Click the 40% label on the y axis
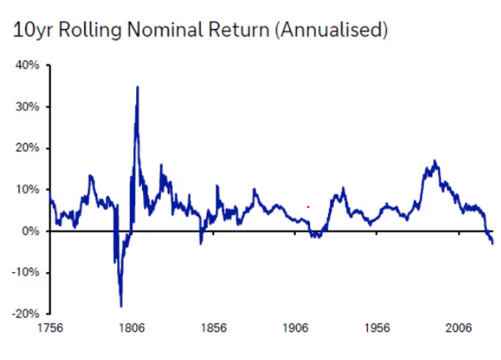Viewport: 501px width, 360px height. [27, 65]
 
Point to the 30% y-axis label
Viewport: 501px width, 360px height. [27, 106]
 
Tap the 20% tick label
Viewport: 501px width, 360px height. [27, 148]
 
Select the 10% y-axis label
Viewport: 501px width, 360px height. [27, 190]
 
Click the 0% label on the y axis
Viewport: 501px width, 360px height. [31, 231]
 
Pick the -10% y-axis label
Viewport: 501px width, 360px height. [25, 273]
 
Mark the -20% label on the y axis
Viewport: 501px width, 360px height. [25, 313]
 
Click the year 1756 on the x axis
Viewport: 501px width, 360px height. [50, 328]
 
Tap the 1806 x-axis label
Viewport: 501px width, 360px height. [131, 328]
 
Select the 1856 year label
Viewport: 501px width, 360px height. [214, 328]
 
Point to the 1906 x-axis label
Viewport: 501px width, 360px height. [295, 328]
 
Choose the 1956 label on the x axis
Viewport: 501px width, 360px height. [377, 328]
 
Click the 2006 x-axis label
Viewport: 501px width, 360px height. [459, 328]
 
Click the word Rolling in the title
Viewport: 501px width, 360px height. [90, 31]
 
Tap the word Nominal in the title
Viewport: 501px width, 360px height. [165, 30]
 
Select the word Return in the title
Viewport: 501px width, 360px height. [239, 30]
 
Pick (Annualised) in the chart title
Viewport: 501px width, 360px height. [332, 31]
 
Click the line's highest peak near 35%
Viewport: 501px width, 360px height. [138, 86]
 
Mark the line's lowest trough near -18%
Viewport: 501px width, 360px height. [121, 306]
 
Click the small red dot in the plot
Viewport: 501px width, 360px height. [308, 207]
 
